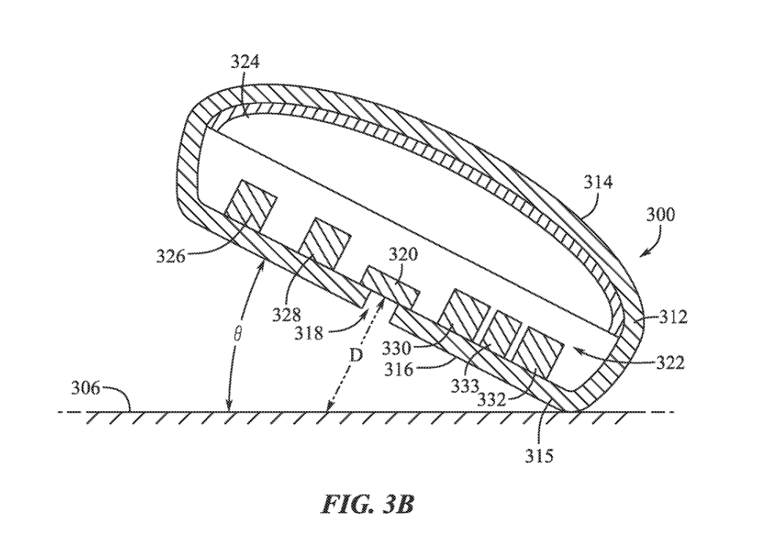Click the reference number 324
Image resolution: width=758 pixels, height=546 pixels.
coord(245,62)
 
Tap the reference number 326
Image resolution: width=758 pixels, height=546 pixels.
coord(170,256)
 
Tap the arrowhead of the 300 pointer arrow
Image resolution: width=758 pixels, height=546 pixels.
coord(640,256)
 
